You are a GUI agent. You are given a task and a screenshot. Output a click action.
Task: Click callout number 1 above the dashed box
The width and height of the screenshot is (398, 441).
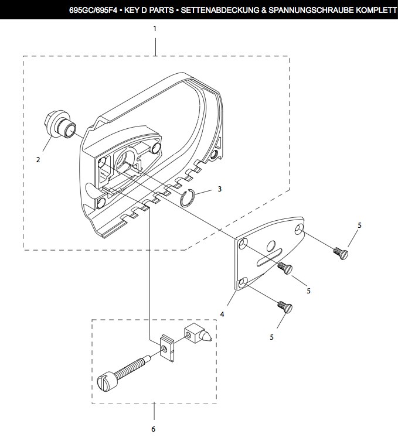(x=155, y=29)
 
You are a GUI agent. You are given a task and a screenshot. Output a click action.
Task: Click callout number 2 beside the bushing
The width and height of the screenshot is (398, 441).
(x=38, y=159)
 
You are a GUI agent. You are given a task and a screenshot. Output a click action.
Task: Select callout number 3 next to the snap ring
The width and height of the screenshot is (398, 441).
(x=220, y=189)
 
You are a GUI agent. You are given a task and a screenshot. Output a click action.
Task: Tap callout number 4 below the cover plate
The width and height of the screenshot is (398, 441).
(x=222, y=314)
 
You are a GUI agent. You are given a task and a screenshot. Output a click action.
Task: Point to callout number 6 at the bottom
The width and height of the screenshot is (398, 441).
(x=153, y=429)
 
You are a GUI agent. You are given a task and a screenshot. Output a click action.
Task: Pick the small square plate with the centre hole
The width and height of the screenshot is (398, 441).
(x=167, y=348)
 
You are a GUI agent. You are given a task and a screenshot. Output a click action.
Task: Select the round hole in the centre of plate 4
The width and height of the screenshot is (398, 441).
(x=271, y=245)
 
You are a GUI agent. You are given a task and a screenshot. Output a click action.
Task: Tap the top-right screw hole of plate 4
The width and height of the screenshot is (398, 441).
(x=299, y=229)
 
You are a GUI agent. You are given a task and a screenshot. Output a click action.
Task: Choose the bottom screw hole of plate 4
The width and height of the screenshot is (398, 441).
(x=243, y=283)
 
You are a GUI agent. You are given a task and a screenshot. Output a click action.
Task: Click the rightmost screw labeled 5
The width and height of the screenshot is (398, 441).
(x=341, y=253)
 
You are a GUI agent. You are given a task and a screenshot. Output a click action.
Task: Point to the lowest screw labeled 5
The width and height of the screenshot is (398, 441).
(x=285, y=307)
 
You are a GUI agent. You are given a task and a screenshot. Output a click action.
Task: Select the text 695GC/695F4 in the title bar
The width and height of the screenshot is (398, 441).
(x=93, y=11)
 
